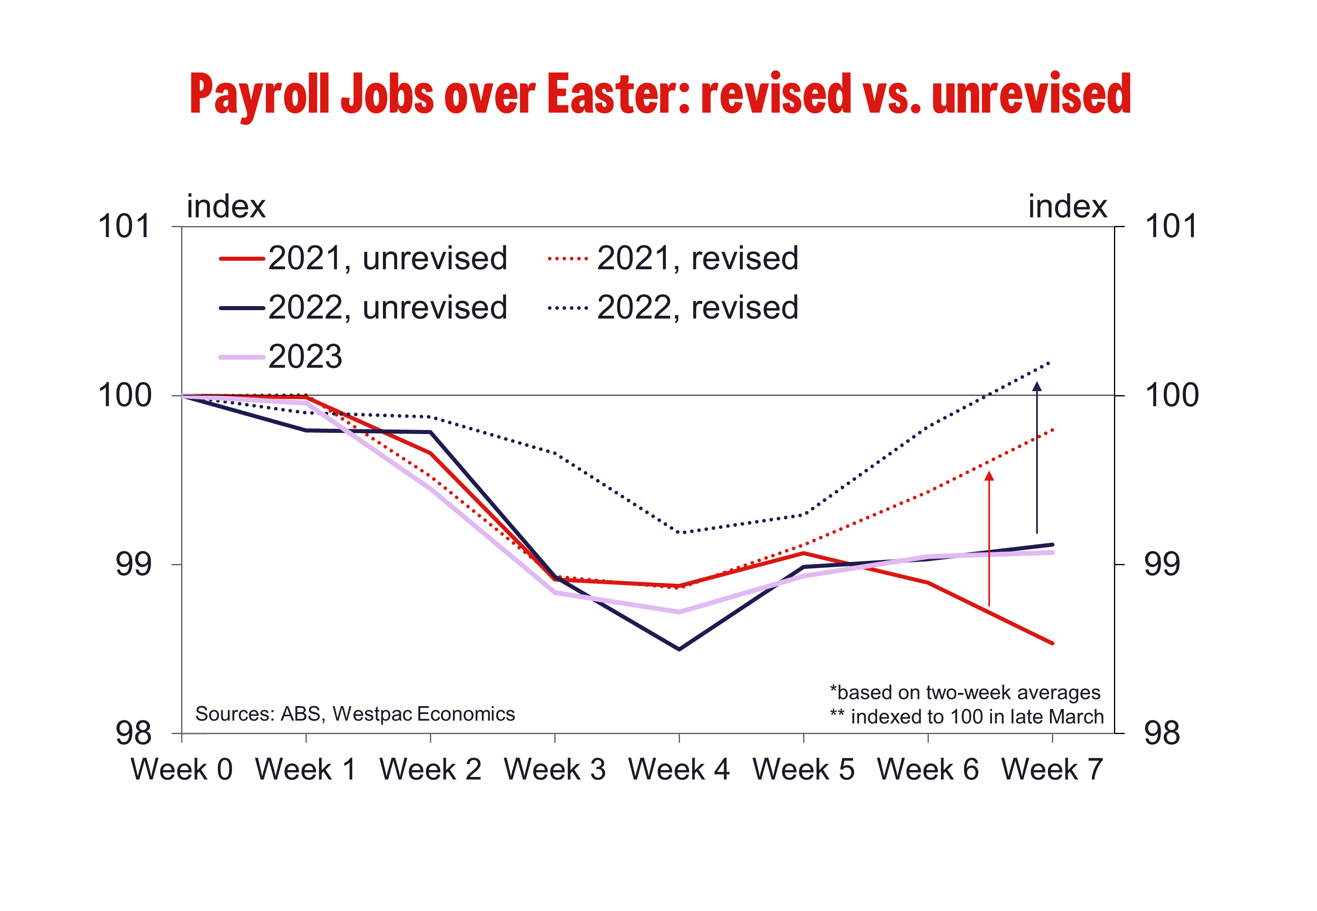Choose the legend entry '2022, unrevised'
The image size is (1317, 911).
[363, 308]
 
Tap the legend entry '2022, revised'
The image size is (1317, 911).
[673, 308]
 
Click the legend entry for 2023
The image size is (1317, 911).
[280, 357]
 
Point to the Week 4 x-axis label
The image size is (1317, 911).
[679, 769]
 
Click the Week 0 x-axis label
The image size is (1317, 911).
[182, 769]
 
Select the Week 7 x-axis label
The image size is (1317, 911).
[1052, 769]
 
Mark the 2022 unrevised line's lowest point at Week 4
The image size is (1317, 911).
[679, 649]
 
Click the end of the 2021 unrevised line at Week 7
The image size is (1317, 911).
[1052, 643]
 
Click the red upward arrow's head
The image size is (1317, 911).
[989, 475]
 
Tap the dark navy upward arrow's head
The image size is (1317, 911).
[1037, 386]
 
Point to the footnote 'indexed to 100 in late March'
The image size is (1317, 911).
[977, 717]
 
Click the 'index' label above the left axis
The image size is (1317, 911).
[226, 206]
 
